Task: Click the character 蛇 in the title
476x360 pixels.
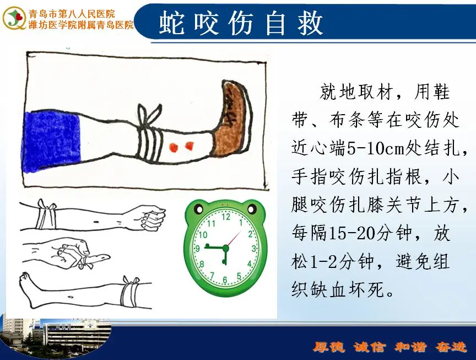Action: [171, 23]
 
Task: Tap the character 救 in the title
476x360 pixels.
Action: [310, 23]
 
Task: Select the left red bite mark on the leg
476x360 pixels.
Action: [174, 147]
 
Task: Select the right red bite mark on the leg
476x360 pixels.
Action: [190, 146]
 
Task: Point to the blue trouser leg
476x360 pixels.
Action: [52, 142]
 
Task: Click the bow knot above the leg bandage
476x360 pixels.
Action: [149, 115]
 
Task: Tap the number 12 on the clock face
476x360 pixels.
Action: [226, 217]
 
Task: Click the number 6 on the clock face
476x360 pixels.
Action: [225, 280]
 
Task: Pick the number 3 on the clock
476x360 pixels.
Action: [254, 249]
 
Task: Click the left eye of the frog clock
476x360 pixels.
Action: [199, 209]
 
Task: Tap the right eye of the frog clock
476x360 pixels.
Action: [252, 209]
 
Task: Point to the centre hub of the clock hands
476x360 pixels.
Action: [225, 248]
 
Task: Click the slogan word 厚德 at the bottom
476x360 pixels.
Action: [329, 347]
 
